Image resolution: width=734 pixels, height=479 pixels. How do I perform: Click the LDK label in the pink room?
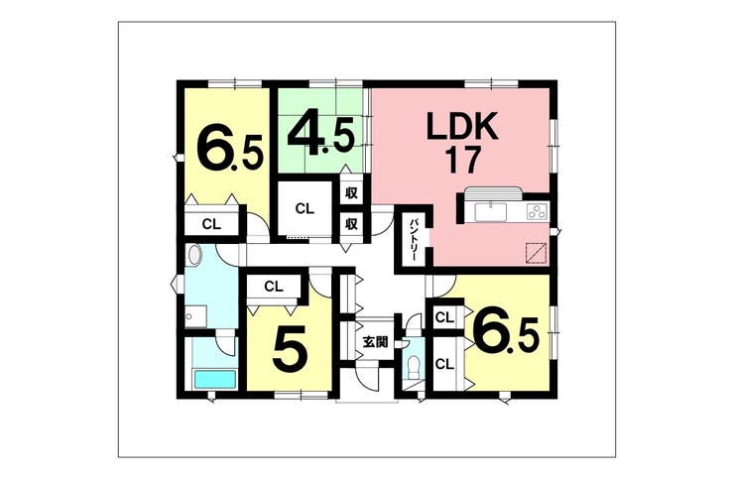point(461,127)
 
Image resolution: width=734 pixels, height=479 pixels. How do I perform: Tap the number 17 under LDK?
point(461,161)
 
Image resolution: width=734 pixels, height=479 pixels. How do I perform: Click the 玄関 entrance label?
point(376,343)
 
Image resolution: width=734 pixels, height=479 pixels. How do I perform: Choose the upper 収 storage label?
point(351,191)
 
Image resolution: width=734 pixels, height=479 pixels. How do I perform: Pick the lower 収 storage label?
point(351,223)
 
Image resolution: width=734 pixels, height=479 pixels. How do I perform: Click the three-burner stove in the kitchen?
point(537,211)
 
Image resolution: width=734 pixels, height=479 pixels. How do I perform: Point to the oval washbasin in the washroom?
point(193,257)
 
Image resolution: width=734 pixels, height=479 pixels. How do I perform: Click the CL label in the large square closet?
point(305,208)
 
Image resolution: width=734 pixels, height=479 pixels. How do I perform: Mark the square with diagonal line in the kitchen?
point(536,252)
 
